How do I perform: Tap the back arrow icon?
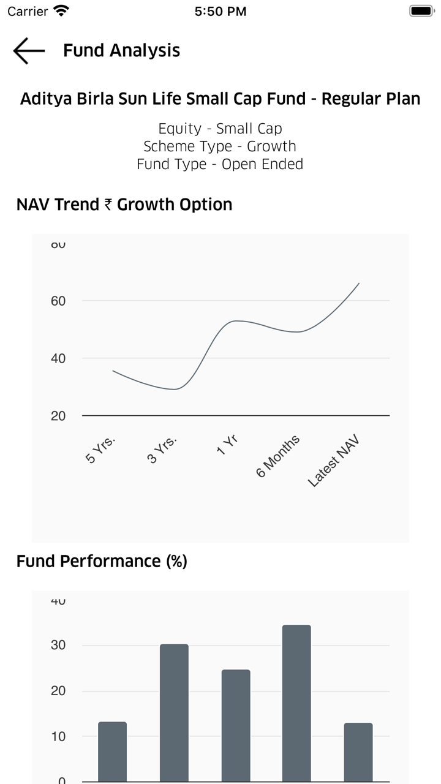coord(29,51)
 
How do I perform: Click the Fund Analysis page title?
coord(121,51)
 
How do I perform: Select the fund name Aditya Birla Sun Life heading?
coord(221,99)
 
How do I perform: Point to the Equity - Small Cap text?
coord(221,129)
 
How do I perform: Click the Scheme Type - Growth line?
coord(221,146)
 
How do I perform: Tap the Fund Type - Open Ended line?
coord(221,164)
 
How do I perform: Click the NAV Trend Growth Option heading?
coord(124,205)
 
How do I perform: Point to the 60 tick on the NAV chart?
coord(58,301)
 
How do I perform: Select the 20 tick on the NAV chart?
coord(58,416)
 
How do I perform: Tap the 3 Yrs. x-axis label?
coord(163,450)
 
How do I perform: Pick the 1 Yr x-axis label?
coord(227,445)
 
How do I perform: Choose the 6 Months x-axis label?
coord(278,456)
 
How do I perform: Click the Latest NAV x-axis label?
coord(333,462)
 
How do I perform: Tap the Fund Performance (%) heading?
coord(102,561)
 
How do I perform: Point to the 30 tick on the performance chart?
coord(58,646)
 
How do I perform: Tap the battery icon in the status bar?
coord(421,11)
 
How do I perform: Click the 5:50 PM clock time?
coord(221,11)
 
